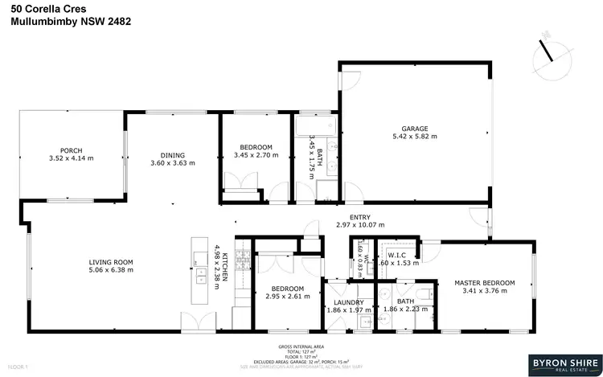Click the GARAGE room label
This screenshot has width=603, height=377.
pos(415,128)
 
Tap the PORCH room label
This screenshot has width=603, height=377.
pos(72,150)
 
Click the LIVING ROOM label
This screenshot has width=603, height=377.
pos(111,262)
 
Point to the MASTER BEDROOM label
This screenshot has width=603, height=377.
pos(484,283)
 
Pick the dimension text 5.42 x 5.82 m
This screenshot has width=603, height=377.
pos(415,137)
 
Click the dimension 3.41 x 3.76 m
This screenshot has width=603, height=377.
pos(484,292)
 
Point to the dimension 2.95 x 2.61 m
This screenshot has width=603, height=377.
pos(287,297)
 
